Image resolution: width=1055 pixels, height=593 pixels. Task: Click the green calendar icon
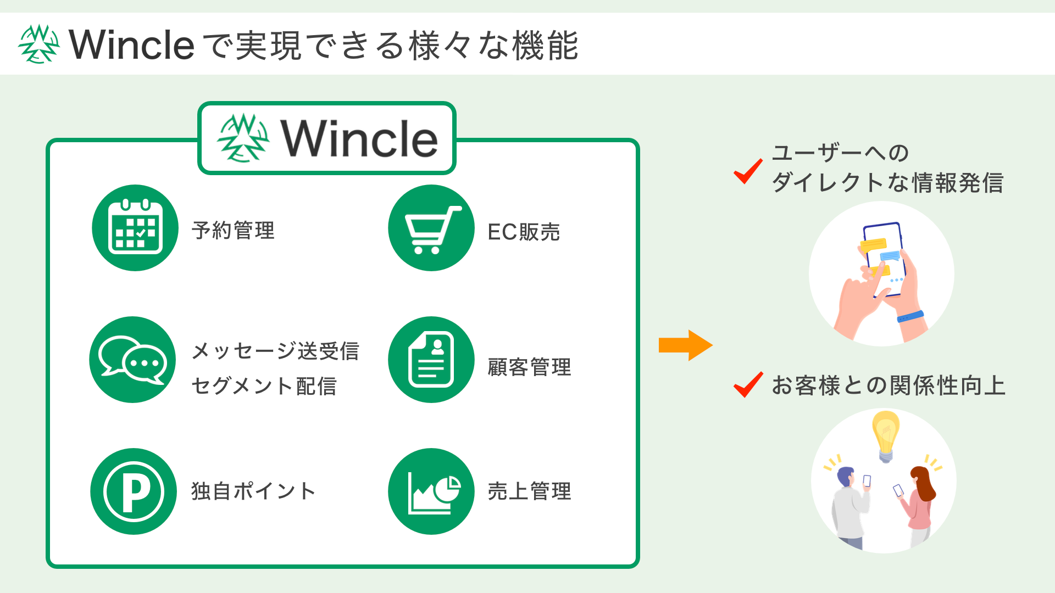point(135,228)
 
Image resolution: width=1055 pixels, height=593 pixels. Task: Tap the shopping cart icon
point(431,228)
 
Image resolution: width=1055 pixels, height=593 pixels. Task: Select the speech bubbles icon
point(132,360)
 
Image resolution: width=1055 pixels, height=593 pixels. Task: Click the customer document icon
point(431,360)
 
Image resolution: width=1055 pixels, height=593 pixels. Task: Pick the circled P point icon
point(134,491)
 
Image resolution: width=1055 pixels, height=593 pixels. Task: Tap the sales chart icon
point(431,491)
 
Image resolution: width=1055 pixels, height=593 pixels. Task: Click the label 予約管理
point(233,231)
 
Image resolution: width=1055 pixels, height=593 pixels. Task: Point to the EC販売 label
point(524,232)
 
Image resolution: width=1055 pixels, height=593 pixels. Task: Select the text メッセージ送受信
point(275,351)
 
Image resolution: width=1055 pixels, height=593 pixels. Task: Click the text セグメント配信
point(264,386)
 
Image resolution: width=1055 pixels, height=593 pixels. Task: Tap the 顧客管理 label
point(529,367)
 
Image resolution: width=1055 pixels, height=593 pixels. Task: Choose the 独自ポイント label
point(253,491)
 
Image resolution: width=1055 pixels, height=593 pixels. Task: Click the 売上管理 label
point(529,491)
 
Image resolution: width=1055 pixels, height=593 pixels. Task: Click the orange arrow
point(685,345)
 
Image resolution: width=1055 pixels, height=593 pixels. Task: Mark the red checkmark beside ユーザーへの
point(748,171)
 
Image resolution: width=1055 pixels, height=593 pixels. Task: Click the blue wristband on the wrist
point(910,317)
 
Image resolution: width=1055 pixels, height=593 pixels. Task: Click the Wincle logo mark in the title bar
point(38,44)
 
